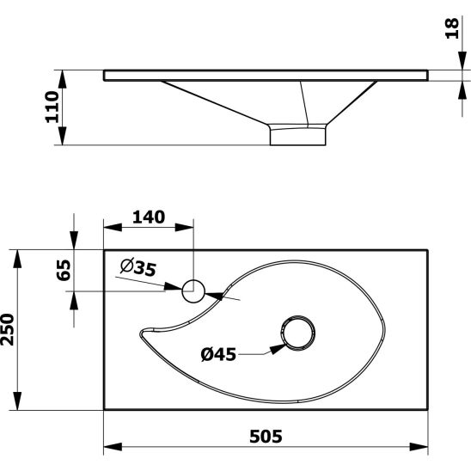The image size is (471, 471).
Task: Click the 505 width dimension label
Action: coord(266,437)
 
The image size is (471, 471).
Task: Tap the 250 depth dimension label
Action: coord(7,329)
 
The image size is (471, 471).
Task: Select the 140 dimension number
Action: coord(149,217)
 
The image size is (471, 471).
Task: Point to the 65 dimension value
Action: coord(64,270)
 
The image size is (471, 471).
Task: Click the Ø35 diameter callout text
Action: coord(138,267)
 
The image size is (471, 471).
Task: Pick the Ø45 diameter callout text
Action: coord(218,354)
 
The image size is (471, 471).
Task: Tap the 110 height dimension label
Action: coord(52,107)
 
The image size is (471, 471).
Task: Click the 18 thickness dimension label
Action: coord(452,28)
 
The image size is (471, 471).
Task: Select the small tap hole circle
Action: coord(193,291)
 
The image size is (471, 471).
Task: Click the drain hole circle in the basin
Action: coord(298,333)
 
